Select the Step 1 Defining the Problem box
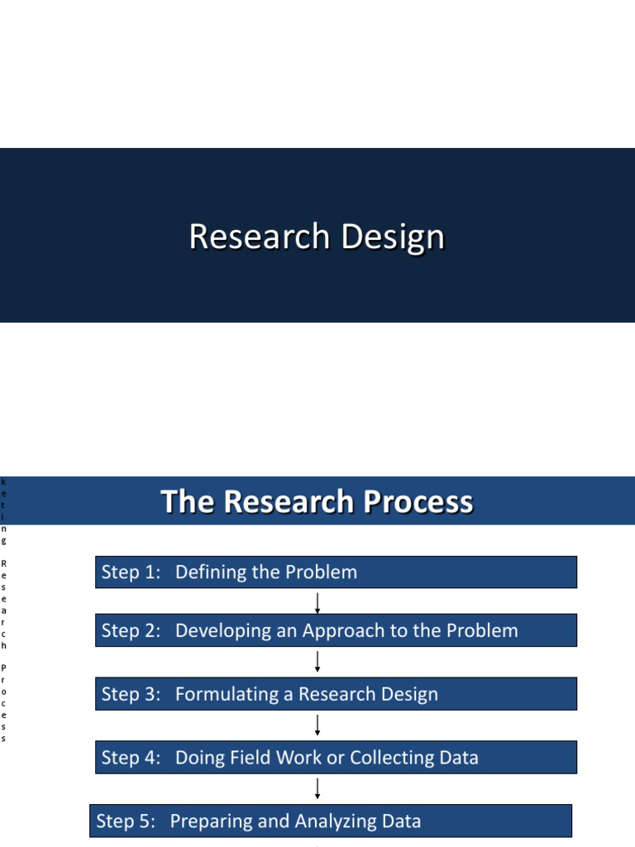tap(336, 572)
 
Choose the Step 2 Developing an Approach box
tap(336, 630)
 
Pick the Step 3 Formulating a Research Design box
tap(336, 694)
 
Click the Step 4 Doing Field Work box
tap(336, 757)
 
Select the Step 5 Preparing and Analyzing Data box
tap(331, 821)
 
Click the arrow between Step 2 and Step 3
tap(317, 662)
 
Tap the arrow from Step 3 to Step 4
tap(317, 725)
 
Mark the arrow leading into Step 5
tap(317, 788)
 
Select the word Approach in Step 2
tap(346, 631)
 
